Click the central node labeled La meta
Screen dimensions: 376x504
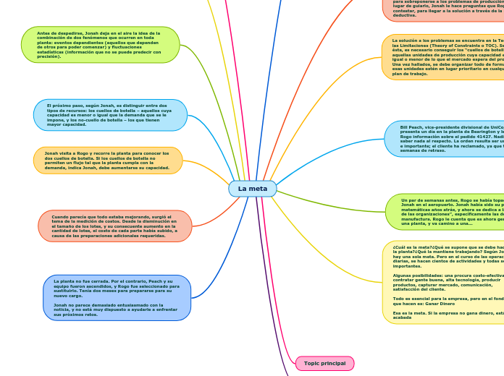(253, 189)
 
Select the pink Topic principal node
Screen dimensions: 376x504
(324, 363)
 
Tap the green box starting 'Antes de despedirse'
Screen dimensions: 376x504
(100, 45)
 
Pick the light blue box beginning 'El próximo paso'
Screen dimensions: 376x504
(110, 115)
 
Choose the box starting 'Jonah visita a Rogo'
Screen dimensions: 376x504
(108, 161)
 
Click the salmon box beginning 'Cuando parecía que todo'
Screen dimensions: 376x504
(114, 226)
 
